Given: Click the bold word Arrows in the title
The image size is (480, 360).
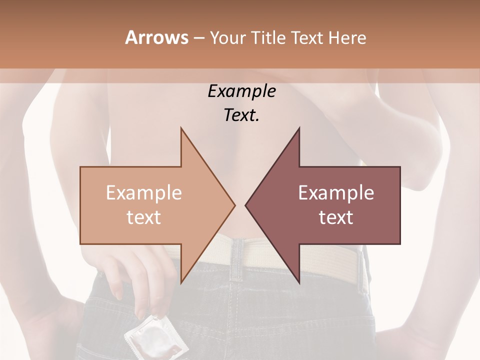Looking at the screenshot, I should point(156,37).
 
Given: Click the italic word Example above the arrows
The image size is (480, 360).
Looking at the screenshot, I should point(241,91).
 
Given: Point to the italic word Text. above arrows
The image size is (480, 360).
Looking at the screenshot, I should point(241,115).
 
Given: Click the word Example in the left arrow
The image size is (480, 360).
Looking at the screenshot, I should point(143,192).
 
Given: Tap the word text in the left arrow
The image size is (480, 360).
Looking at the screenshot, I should point(143,217).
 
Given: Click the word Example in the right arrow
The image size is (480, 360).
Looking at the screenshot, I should point(336,192).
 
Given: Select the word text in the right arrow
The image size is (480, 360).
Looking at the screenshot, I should point(336,217).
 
